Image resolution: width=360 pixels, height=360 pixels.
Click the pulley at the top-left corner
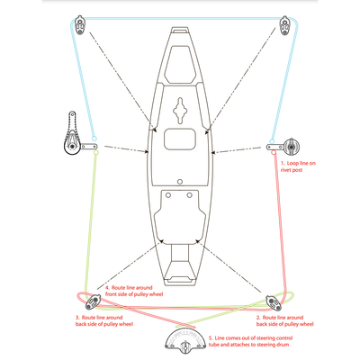(79, 25)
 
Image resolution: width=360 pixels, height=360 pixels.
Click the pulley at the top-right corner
(284, 26)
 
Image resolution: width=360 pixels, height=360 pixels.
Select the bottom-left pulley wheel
(93, 302)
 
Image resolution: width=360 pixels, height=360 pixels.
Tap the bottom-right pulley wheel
(274, 303)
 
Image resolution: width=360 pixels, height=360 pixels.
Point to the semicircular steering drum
(186, 338)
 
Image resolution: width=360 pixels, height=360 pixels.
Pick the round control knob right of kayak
(292, 147)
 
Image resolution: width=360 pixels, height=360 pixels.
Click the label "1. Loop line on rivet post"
(298, 166)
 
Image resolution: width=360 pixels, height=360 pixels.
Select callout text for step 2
(284, 320)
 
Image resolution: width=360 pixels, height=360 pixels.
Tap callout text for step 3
(104, 320)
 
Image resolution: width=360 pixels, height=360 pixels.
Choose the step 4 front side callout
(134, 291)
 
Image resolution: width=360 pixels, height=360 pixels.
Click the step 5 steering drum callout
(250, 341)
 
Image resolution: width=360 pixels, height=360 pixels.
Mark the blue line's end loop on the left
(94, 139)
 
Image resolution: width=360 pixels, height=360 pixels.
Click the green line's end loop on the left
(96, 153)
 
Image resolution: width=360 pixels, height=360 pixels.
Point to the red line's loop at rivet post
(274, 153)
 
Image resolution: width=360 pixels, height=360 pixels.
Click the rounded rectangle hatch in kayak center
(180, 139)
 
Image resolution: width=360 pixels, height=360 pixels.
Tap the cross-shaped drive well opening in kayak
(180, 111)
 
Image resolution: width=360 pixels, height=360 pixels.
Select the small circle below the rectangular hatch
(180, 182)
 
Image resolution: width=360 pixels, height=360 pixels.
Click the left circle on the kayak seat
(168, 195)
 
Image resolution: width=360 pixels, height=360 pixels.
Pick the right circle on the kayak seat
(189, 195)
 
